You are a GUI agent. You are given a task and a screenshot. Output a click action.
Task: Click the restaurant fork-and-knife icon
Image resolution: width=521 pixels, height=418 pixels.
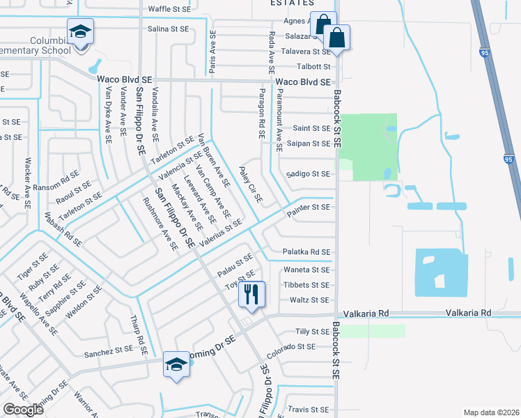[251, 294]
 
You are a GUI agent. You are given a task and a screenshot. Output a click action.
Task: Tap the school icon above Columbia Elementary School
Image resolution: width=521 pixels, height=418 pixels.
[81, 32]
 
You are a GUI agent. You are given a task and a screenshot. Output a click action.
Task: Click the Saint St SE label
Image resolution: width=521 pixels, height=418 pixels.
[311, 128]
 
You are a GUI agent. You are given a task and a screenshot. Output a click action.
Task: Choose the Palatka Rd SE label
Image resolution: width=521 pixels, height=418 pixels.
[306, 252]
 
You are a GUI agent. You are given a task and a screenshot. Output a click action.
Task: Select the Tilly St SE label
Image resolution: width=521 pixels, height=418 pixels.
[312, 332]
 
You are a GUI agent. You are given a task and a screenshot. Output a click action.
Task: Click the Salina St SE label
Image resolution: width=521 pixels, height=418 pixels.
[168, 29]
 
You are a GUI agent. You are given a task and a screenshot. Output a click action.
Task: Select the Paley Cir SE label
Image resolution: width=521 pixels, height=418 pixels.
[250, 184]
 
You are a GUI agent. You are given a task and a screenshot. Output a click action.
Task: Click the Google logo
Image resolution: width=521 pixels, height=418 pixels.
[23, 410]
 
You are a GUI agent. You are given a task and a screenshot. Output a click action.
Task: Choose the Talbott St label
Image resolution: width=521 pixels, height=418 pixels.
[314, 67]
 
